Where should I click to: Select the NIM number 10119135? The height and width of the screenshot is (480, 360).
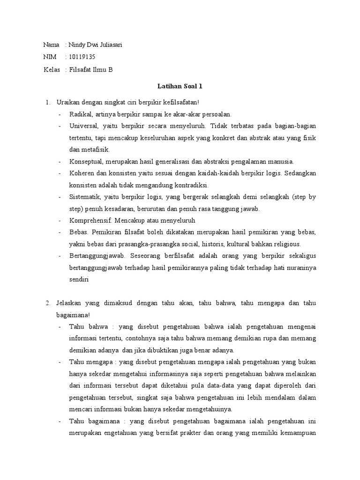(x=84, y=57)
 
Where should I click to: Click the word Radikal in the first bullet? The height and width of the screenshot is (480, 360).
(x=80, y=114)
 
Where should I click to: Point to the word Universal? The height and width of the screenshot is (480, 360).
(x=83, y=126)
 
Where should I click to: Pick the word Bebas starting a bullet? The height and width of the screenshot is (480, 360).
(x=78, y=232)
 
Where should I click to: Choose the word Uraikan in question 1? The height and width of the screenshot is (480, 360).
(x=67, y=102)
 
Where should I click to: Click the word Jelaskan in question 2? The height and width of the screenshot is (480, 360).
(x=69, y=303)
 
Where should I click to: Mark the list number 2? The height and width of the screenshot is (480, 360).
(x=48, y=303)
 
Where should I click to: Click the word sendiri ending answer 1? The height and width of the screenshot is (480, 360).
(x=79, y=279)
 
